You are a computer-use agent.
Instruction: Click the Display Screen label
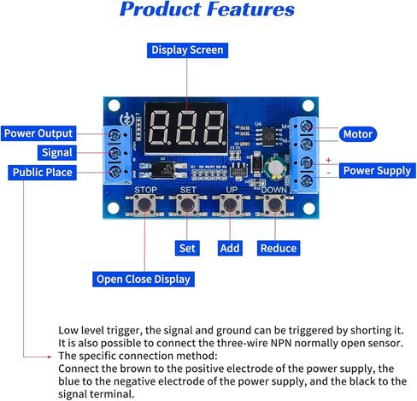tap(187, 50)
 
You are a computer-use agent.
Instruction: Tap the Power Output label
tap(38, 133)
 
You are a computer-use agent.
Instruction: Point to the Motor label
tap(356, 134)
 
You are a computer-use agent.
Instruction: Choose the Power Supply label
tap(377, 170)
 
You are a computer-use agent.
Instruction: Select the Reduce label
tap(279, 248)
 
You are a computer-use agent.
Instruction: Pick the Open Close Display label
tap(144, 279)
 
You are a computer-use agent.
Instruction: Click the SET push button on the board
tap(187, 204)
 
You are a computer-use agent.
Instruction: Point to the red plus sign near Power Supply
tap(327, 160)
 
